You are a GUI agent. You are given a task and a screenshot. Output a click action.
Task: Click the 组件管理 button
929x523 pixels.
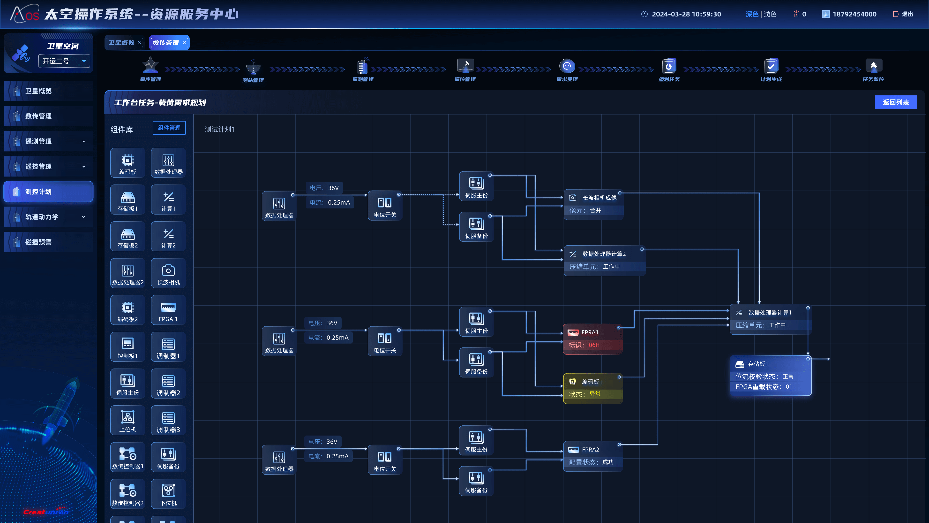click(x=169, y=128)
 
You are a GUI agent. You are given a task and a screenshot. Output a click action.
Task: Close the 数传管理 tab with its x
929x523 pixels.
click(x=184, y=43)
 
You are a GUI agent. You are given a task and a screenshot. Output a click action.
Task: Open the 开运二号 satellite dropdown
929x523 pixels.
click(x=64, y=61)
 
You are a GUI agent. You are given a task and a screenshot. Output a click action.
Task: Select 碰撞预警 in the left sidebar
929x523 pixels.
click(x=48, y=242)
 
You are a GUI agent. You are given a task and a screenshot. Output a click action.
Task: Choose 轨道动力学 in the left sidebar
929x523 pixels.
click(x=48, y=216)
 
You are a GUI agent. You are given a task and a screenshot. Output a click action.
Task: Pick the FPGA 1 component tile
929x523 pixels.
click(x=168, y=310)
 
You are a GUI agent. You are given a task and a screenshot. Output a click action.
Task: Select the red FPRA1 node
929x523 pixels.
click(x=592, y=338)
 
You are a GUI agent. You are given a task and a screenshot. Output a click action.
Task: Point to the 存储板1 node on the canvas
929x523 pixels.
click(x=770, y=375)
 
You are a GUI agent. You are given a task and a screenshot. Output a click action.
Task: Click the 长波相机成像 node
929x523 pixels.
click(x=593, y=204)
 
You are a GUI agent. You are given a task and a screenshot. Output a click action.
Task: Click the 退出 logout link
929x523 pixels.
click(x=903, y=14)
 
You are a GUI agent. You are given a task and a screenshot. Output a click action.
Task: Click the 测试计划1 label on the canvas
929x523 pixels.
click(x=220, y=129)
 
